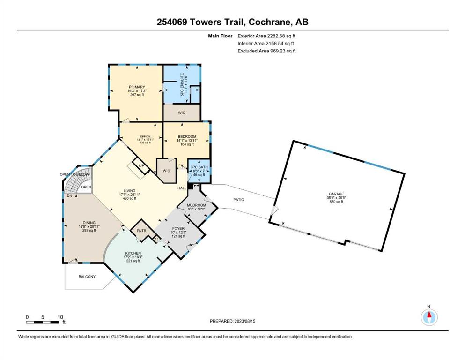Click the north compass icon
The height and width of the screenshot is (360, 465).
point(429,317)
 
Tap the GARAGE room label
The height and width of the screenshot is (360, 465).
point(336,194)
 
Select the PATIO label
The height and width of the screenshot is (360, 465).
point(238,200)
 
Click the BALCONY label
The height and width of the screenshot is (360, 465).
point(87,277)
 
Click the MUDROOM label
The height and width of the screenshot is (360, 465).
point(196,205)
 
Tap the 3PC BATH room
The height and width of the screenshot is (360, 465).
point(199,172)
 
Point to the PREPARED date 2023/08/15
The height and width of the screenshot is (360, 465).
point(232,321)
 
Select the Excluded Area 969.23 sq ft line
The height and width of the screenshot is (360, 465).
point(266,51)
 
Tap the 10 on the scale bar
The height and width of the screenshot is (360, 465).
point(60,317)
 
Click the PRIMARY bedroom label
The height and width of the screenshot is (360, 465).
point(137,87)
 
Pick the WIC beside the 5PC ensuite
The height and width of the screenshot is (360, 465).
point(182,113)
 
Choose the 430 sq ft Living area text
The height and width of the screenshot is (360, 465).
point(129,198)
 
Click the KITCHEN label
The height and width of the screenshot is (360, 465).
point(133,253)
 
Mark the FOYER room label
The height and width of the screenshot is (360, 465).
point(178,229)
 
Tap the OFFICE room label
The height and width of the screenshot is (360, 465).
point(145,136)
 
